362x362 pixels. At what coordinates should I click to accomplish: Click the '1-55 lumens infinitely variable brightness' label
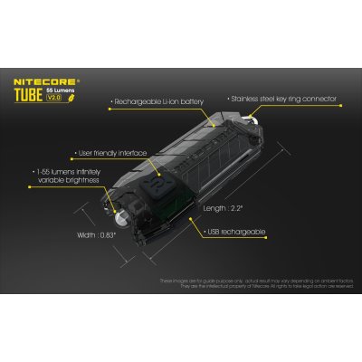63,175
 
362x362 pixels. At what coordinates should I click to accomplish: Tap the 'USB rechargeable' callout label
238,233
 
